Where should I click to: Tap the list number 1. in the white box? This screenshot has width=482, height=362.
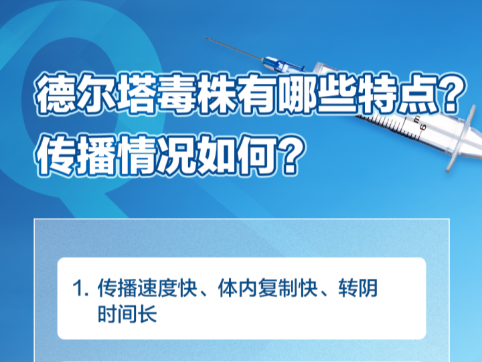click(x=80, y=289)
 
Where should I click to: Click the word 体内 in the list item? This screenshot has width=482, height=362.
click(x=238, y=288)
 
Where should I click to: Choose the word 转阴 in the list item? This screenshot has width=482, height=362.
click(x=358, y=288)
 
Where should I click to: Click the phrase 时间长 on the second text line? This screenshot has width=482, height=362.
click(x=127, y=313)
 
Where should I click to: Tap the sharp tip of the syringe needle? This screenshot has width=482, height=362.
click(x=206, y=38)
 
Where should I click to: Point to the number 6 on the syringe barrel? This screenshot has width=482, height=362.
click(x=422, y=127)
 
